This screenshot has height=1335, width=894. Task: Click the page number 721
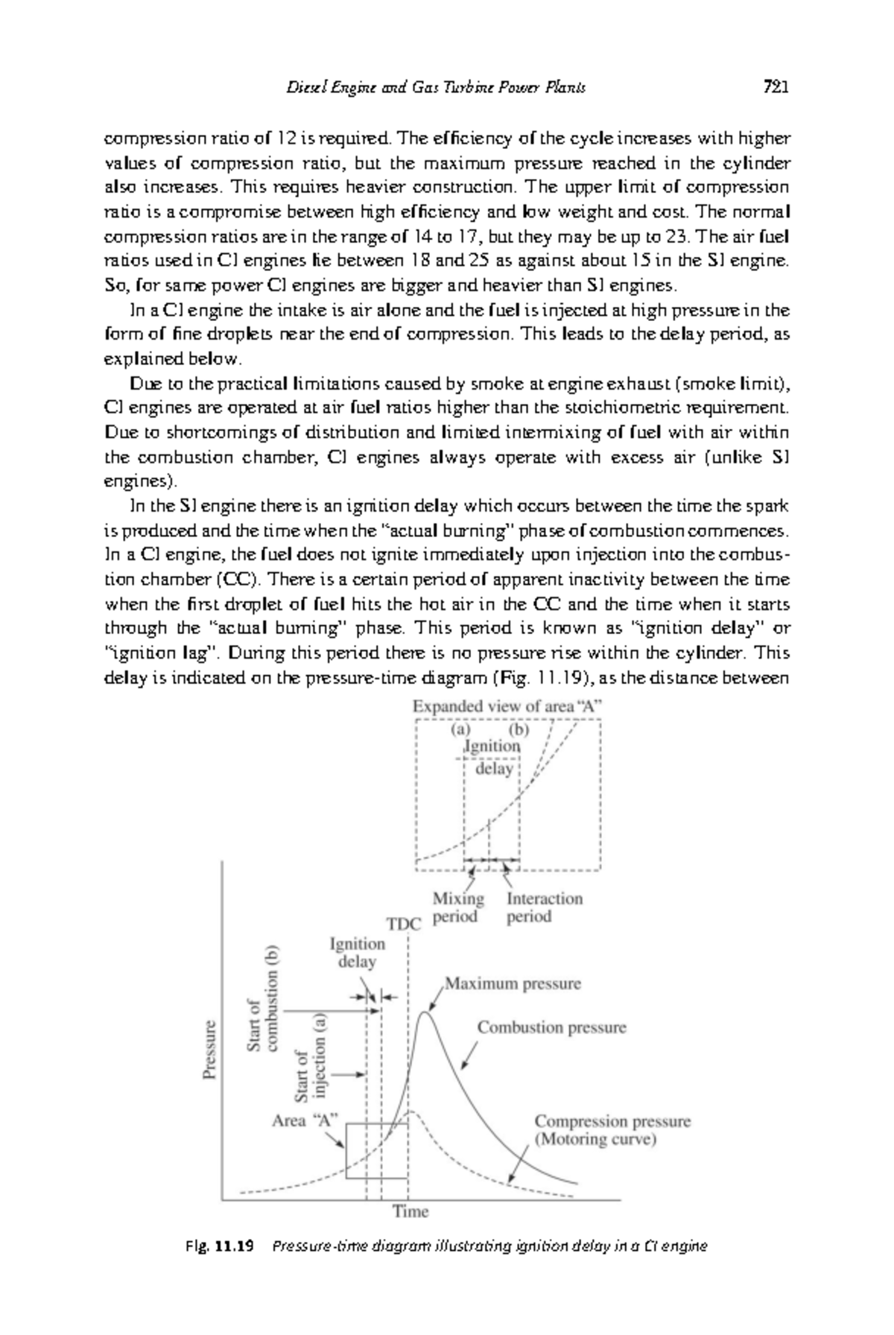coord(776,87)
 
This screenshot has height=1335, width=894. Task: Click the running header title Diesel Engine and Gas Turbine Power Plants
coord(437,88)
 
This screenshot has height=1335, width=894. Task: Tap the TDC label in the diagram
coord(405,924)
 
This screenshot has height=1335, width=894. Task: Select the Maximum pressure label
coord(513,983)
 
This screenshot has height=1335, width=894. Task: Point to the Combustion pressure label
coord(551,1027)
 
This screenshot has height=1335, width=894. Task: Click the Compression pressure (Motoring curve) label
coord(612,1130)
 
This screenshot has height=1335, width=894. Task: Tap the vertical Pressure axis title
coord(211,1049)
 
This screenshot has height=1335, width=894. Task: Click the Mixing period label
coord(457,907)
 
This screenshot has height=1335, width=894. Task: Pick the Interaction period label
coord(544,907)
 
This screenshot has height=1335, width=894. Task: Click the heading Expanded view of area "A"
coord(507,706)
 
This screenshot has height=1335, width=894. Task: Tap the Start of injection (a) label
coord(311,1056)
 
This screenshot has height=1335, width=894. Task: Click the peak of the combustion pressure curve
coord(425,1012)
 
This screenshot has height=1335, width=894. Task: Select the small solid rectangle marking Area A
coord(376,1150)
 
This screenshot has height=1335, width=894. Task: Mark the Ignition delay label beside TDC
coord(357,952)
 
